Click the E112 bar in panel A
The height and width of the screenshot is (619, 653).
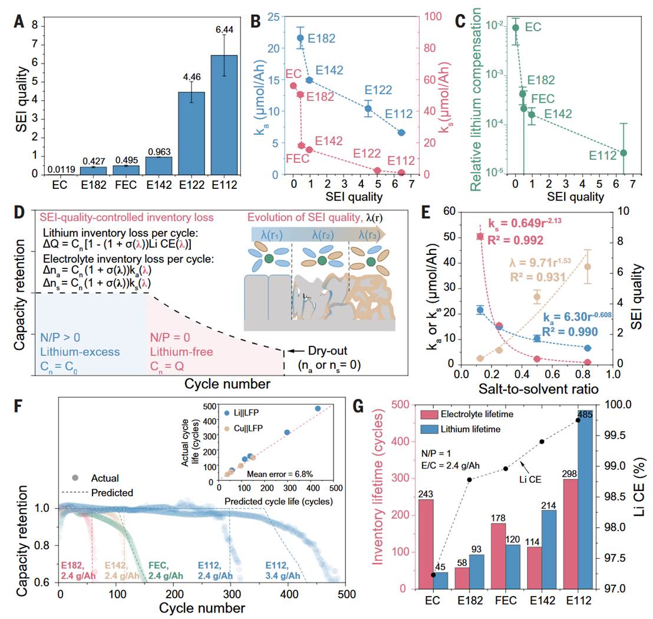pos(224,114)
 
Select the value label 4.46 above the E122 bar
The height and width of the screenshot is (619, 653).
pos(192,77)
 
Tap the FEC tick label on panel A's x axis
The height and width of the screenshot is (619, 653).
pos(126,185)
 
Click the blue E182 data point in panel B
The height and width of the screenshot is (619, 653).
pos(300,38)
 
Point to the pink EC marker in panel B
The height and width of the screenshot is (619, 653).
pos(293,86)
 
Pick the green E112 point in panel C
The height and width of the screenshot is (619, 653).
pos(624,153)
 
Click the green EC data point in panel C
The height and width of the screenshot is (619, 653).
pos(516,28)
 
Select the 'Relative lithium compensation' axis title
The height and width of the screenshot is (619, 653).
pos(476,99)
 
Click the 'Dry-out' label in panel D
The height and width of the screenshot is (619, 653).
pos(327,351)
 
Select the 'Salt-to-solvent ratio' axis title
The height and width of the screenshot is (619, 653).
pos(539,389)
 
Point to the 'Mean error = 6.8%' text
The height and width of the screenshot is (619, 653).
pos(280,474)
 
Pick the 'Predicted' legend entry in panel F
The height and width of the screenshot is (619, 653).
pos(97,493)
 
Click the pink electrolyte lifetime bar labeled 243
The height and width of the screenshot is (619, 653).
pos(426,544)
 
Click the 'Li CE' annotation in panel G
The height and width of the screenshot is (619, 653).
pos(530,479)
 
